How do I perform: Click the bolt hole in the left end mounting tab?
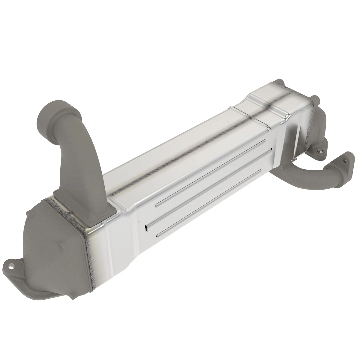pyautogui.click(x=12, y=266)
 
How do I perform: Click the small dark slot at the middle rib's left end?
pyautogui.click(x=146, y=228)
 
